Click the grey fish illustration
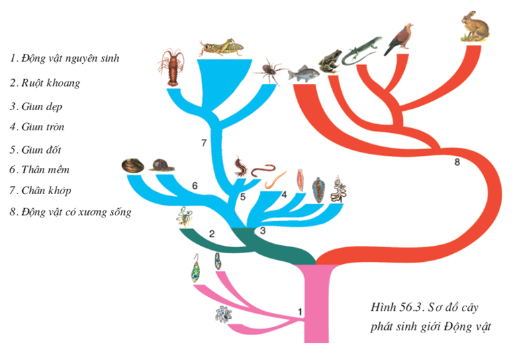coord(301,72)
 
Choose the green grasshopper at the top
coord(220,46)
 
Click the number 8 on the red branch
coord(457,162)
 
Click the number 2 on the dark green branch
coord(212,234)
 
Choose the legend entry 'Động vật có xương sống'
coord(71,212)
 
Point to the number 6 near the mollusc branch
coord(195,185)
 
